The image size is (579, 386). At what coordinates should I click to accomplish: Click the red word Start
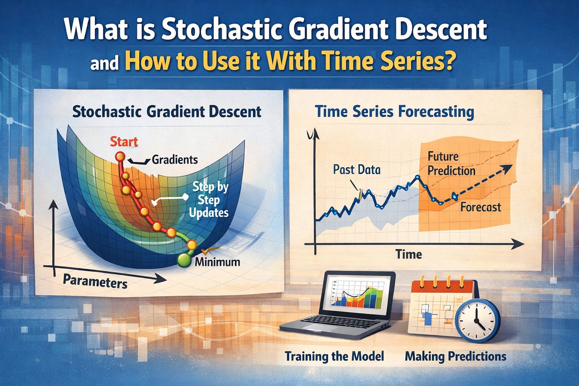tap(124, 142)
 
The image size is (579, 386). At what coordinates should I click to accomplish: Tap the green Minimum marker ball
tap(184, 260)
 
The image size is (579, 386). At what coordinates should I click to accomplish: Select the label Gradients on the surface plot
tap(175, 160)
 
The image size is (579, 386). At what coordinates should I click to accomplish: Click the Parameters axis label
tap(95, 281)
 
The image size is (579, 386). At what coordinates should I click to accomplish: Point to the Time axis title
tap(409, 254)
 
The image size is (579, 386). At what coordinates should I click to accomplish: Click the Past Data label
tap(357, 169)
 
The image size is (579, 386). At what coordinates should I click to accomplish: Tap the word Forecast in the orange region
tap(481, 207)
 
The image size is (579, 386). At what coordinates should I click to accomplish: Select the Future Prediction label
tap(451, 163)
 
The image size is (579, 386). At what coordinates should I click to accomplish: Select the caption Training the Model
tap(334, 356)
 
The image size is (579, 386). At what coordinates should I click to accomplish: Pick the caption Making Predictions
tap(455, 357)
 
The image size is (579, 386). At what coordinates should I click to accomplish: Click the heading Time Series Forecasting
tap(395, 112)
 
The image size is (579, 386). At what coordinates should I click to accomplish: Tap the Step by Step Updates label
tap(209, 200)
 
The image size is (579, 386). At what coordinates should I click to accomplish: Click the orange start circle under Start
tap(120, 157)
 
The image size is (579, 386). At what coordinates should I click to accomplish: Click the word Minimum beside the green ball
tap(218, 262)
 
